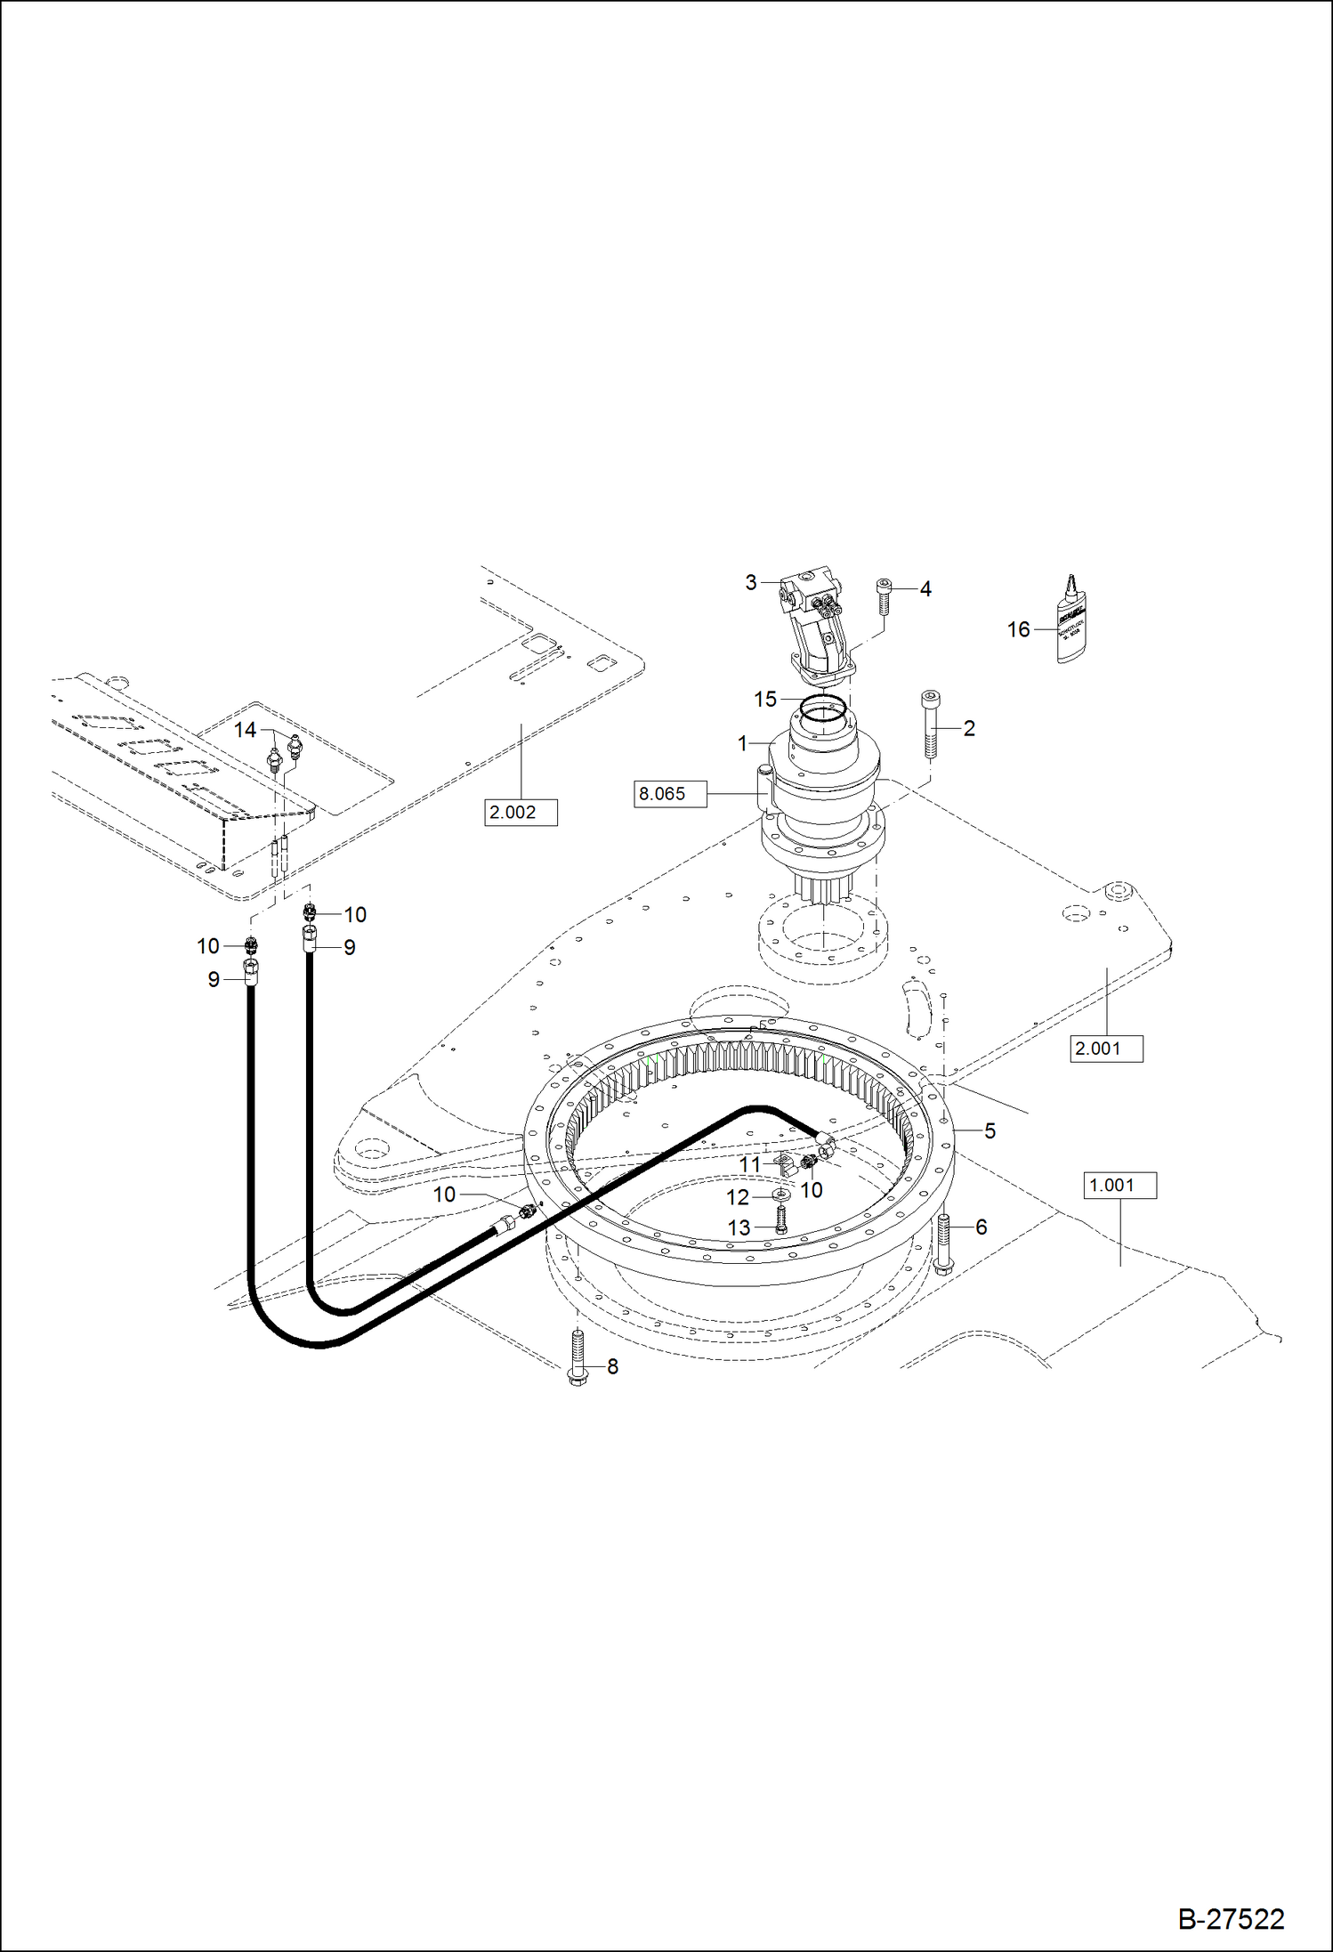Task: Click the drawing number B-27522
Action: tap(1231, 1918)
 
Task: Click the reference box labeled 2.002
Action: tap(521, 813)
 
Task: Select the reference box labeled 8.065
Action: tap(670, 794)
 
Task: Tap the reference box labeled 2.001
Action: tap(1106, 1049)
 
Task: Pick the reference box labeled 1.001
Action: tap(1119, 1186)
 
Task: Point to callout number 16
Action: tap(1018, 630)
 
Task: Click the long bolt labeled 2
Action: tap(930, 725)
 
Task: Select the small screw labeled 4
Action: tap(884, 595)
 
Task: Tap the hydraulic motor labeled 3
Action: tap(814, 623)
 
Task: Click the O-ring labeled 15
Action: tap(822, 709)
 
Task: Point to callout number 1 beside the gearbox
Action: tap(743, 744)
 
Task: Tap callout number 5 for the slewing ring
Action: tap(990, 1131)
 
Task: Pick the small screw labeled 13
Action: tap(781, 1223)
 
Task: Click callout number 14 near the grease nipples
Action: tap(245, 730)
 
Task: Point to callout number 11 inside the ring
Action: tap(750, 1164)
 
